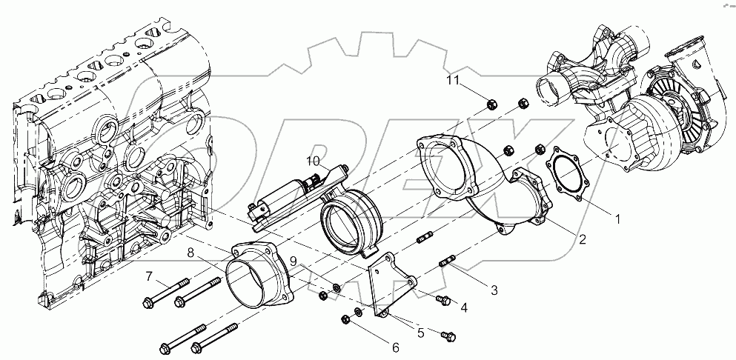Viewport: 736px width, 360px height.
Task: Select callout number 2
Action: tap(583, 241)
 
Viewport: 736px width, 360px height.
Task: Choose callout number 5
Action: tap(420, 333)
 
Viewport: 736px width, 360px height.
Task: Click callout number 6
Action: tap(395, 347)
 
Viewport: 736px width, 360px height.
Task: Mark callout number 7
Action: tap(149, 277)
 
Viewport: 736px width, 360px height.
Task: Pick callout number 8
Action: tap(190, 253)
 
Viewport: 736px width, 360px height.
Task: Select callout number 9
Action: tap(294, 261)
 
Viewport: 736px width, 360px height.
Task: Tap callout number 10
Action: tap(313, 161)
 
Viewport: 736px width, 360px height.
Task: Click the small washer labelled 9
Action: tap(336, 287)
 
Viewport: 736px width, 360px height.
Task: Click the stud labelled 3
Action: tap(449, 261)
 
